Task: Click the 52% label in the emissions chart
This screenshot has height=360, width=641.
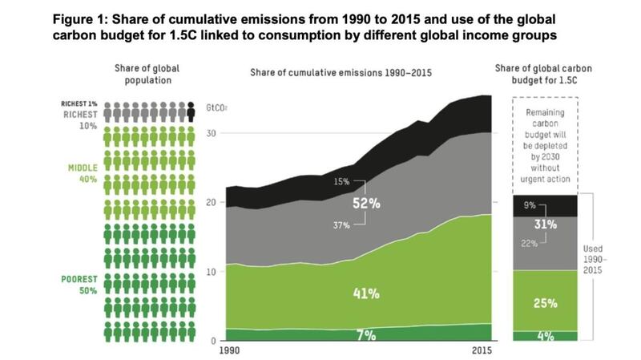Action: (366, 204)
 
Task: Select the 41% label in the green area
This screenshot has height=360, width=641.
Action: (366, 293)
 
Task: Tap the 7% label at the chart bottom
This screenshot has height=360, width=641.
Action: (366, 334)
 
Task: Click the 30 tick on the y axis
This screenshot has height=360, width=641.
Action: (213, 133)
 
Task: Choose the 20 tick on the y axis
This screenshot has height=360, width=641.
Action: (213, 202)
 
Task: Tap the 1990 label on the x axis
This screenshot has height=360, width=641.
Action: (228, 352)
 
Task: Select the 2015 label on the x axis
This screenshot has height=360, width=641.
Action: (482, 352)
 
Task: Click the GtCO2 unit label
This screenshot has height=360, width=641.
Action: (217, 107)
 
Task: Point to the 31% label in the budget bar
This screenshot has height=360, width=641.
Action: (546, 224)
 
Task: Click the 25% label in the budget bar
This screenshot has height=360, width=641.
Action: (546, 302)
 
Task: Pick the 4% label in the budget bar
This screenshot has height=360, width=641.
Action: (546, 336)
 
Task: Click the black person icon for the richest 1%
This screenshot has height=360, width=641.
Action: (190, 110)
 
